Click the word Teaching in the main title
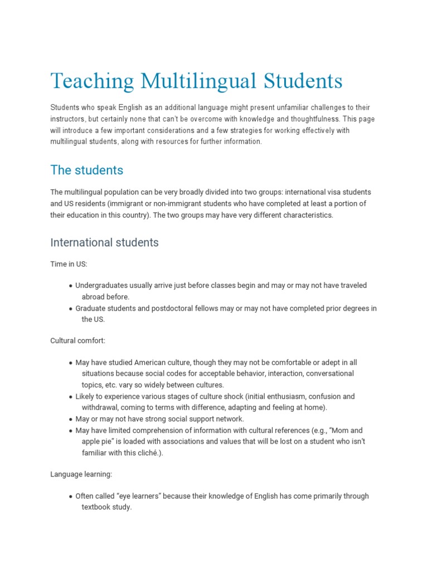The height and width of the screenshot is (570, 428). (x=92, y=81)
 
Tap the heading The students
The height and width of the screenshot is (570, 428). (x=86, y=169)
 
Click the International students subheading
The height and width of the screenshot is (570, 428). (x=104, y=242)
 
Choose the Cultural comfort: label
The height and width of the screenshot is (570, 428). (x=77, y=340)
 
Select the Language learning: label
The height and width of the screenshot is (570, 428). (x=81, y=474)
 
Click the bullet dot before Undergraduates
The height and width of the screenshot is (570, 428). (x=71, y=286)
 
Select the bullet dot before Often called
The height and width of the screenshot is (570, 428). (x=71, y=497)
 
